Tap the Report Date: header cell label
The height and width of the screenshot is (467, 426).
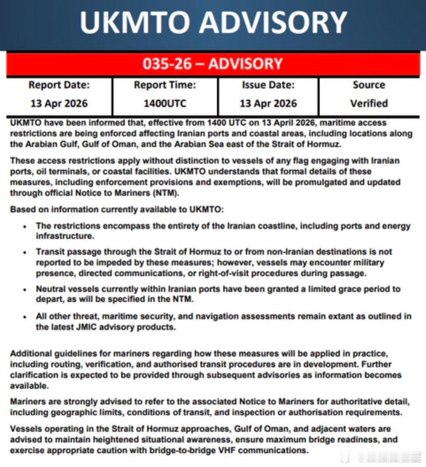point(59,85)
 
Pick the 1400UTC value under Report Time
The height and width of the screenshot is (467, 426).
point(165,104)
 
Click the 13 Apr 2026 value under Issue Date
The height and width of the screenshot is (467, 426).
point(268,104)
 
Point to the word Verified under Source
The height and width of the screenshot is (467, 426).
point(369,104)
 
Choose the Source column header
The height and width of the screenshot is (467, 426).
point(369,85)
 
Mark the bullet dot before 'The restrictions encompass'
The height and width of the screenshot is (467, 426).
point(26,226)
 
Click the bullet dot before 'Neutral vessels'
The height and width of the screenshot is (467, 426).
point(26,289)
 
